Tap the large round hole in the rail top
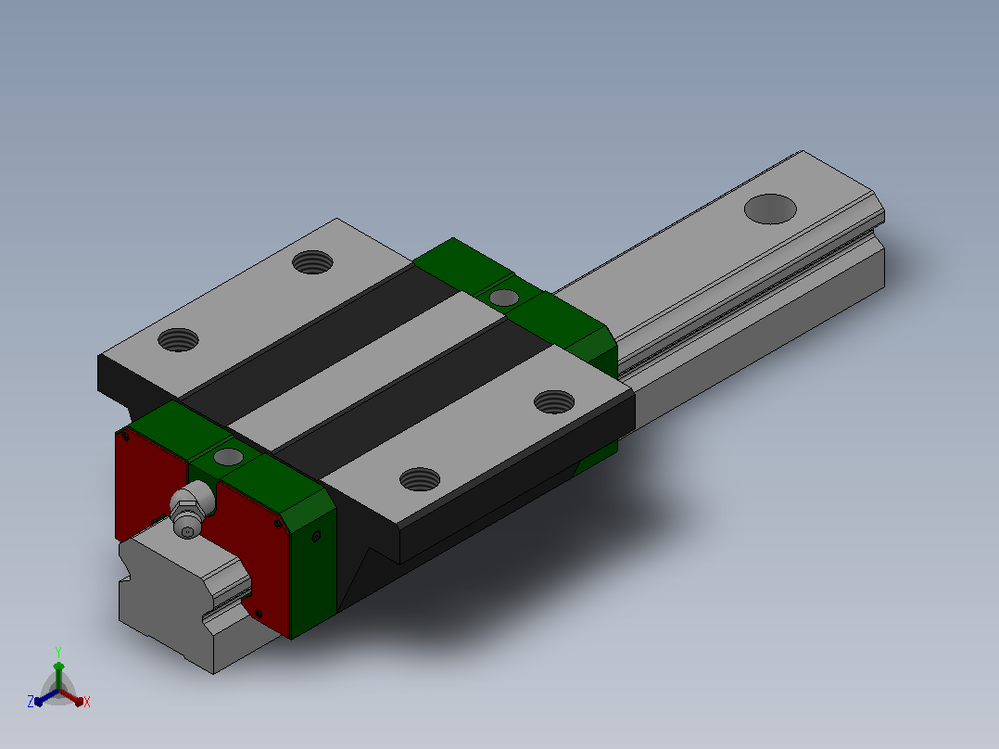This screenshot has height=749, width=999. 770,209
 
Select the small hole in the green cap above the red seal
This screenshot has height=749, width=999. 228,456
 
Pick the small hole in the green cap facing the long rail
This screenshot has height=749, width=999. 503,297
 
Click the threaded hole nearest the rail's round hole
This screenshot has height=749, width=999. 553,401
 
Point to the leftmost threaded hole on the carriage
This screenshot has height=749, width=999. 178,340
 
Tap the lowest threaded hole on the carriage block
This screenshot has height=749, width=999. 419,478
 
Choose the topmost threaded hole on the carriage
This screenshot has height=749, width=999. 312,261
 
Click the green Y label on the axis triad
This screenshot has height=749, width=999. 58,653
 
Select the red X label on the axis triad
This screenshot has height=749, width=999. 87,702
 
